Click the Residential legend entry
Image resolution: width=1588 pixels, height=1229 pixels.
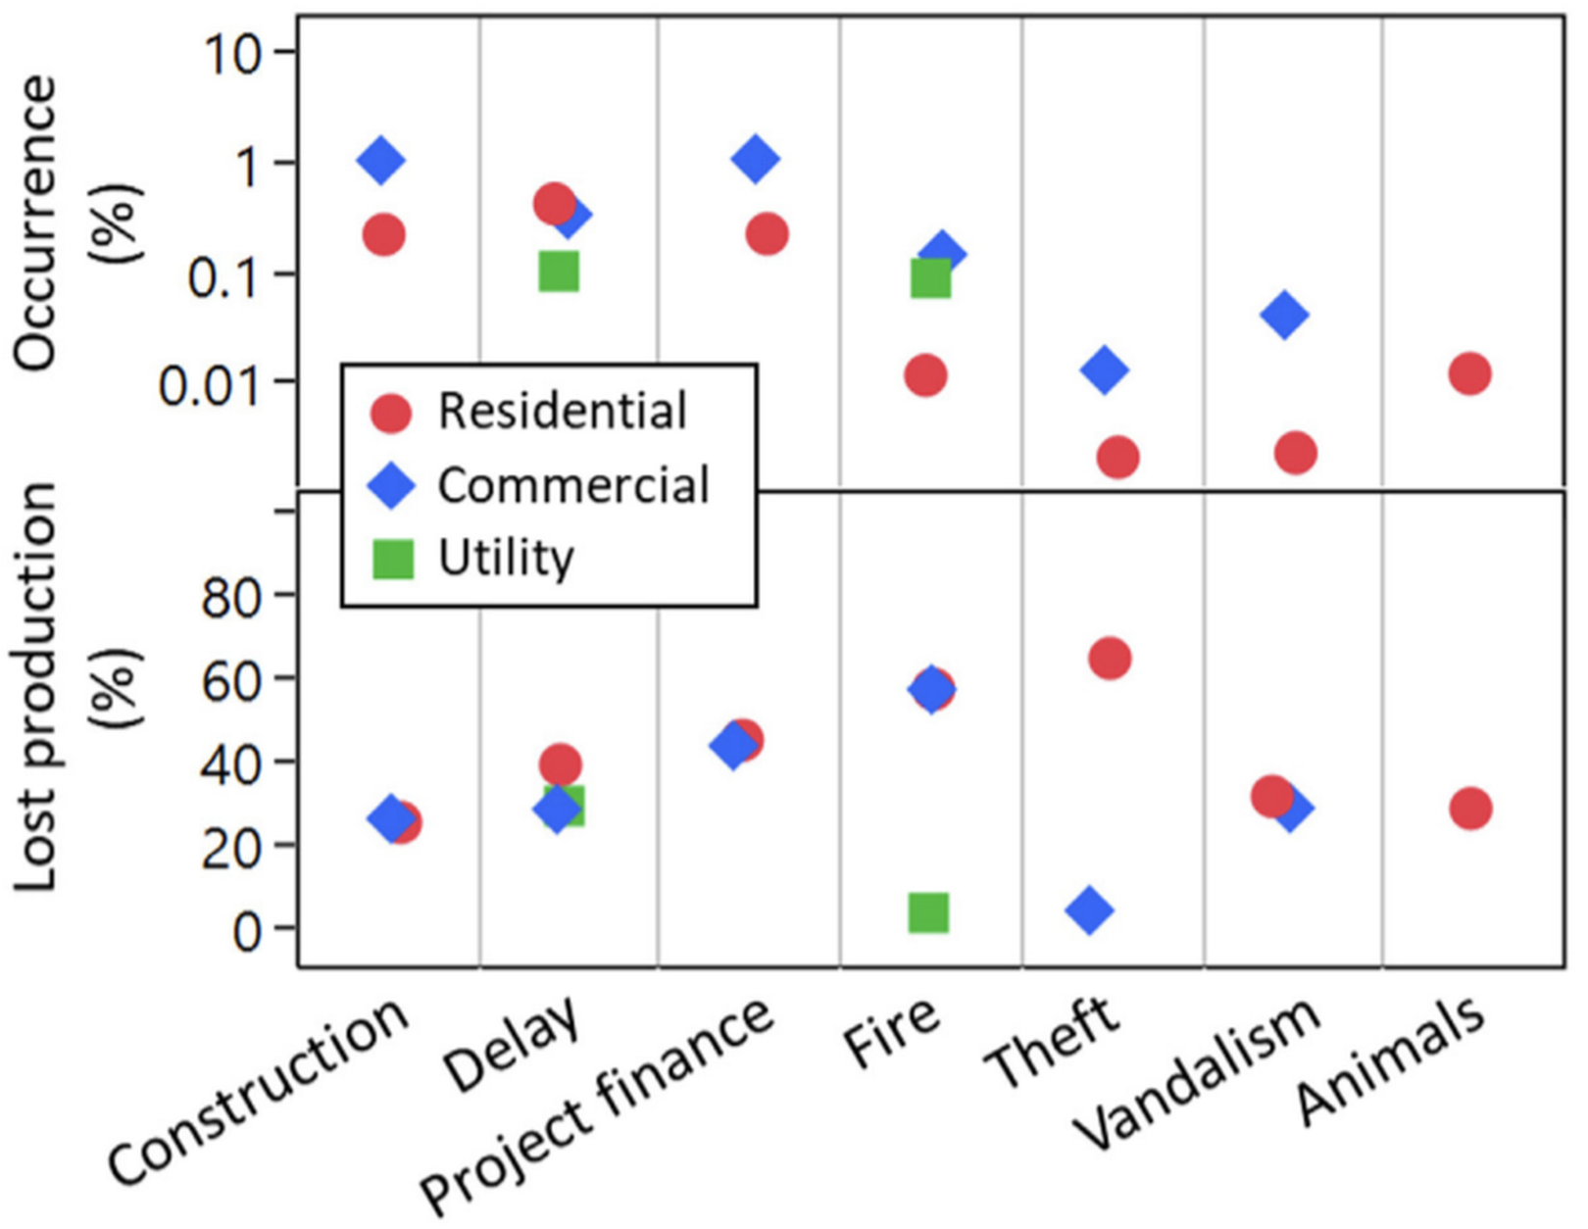(x=561, y=412)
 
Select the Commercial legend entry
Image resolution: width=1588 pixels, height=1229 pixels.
(x=572, y=485)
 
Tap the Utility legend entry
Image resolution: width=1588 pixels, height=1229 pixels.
(x=505, y=559)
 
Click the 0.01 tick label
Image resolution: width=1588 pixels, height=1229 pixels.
(x=211, y=384)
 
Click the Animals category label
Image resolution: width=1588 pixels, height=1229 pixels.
(x=1392, y=1063)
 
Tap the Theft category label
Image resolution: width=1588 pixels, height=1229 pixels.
(x=1054, y=1044)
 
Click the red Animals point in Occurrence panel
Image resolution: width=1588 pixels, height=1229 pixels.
(x=1469, y=373)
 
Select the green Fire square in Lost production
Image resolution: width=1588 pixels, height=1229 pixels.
(x=928, y=912)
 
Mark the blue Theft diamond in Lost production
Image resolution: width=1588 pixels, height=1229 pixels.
(x=1090, y=909)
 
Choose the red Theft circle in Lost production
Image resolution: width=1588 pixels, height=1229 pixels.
(x=1110, y=658)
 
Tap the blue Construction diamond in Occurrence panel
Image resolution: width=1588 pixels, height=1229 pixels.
(x=381, y=160)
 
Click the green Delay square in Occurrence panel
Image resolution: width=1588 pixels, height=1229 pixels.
(x=559, y=270)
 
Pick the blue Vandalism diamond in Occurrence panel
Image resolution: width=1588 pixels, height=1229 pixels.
(x=1284, y=315)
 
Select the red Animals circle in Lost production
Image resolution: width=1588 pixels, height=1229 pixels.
(x=1470, y=809)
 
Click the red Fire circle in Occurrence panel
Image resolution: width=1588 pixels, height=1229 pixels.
(x=925, y=375)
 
